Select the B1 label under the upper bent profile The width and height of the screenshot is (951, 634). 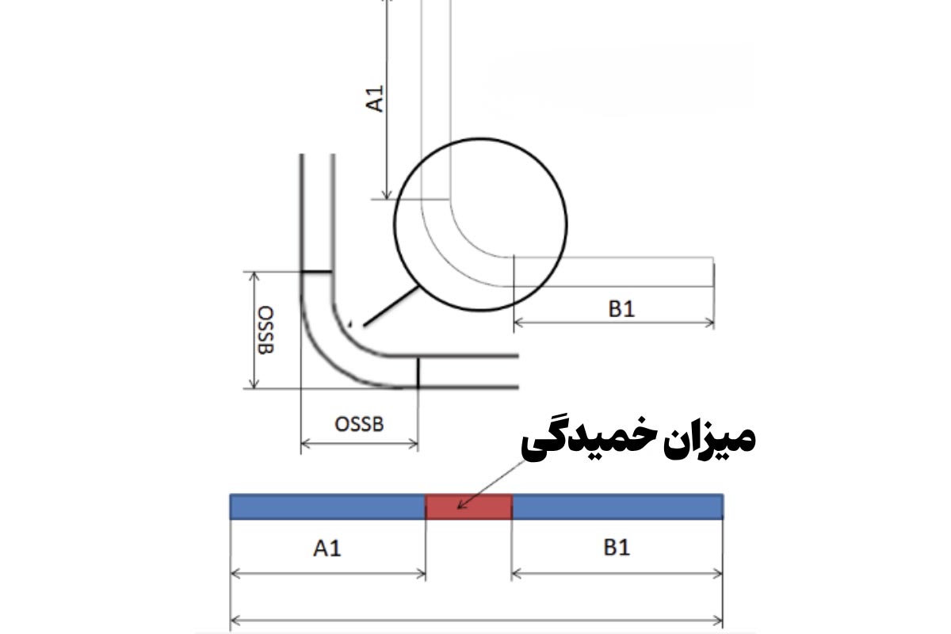pyautogui.click(x=621, y=308)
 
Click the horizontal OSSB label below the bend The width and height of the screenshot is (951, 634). pyautogui.click(x=359, y=424)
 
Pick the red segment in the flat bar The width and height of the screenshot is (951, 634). pyautogui.click(x=468, y=506)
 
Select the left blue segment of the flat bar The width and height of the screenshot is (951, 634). pyautogui.click(x=327, y=506)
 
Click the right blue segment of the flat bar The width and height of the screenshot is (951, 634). pyautogui.click(x=617, y=506)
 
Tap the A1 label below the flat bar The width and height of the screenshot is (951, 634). pyautogui.click(x=327, y=548)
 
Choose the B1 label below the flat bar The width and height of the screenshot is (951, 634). pyautogui.click(x=617, y=548)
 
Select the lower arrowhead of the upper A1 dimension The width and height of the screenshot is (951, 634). pyautogui.click(x=386, y=194)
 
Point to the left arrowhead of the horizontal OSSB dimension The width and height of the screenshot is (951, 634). pyautogui.click(x=305, y=444)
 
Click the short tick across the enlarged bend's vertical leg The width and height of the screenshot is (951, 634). pyautogui.click(x=316, y=272)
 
